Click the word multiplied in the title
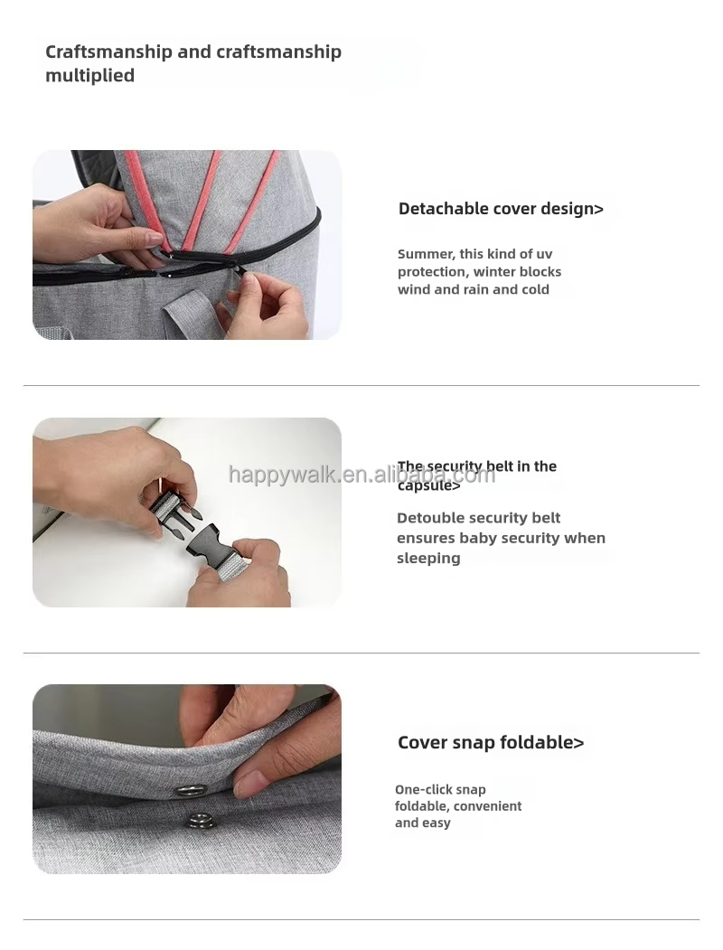pos(89,76)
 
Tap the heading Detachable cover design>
pos(501,209)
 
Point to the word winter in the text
pos(488,272)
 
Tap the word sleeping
pos(428,559)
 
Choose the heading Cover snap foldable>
pos(491,743)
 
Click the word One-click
pos(423,790)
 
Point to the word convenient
pos(488,806)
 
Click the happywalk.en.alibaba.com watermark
pos(361,475)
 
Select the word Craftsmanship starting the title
pos(108,52)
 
